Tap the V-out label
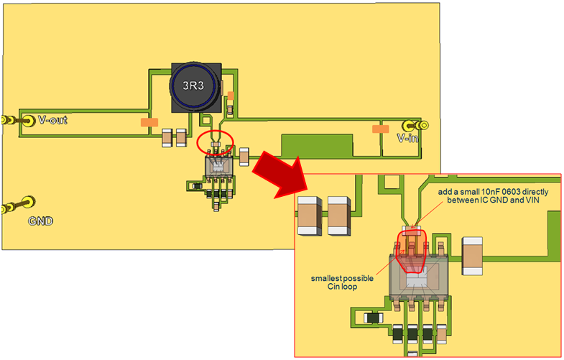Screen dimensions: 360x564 tap(52, 120)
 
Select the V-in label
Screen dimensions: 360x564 tap(407, 138)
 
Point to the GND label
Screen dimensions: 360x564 tap(41, 221)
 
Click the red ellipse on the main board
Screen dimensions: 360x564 tap(215, 142)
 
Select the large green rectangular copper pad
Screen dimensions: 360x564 tap(317, 147)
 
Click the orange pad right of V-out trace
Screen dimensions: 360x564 tap(149, 123)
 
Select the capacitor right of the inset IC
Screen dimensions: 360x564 tap(473, 256)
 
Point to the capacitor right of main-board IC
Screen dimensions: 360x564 tap(244, 155)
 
